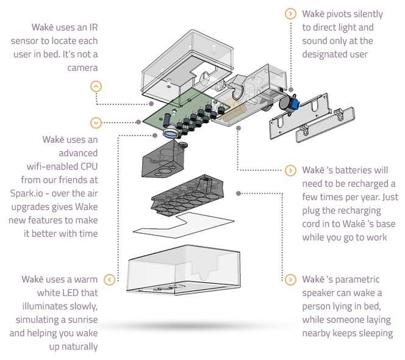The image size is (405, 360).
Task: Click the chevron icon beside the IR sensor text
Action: pyautogui.click(x=96, y=85)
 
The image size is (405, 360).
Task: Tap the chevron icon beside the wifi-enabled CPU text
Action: pyautogui.click(x=96, y=123)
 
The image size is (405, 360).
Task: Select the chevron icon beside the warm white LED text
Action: pyautogui.click(x=109, y=279)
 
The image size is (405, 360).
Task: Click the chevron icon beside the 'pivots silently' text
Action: pyautogui.click(x=289, y=13)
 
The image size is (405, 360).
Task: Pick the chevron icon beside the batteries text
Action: pyautogui.click(x=289, y=170)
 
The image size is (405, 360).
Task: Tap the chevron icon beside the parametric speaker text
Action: pyautogui.click(x=289, y=279)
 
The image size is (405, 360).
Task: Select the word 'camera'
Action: pyautogui.click(x=81, y=66)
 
